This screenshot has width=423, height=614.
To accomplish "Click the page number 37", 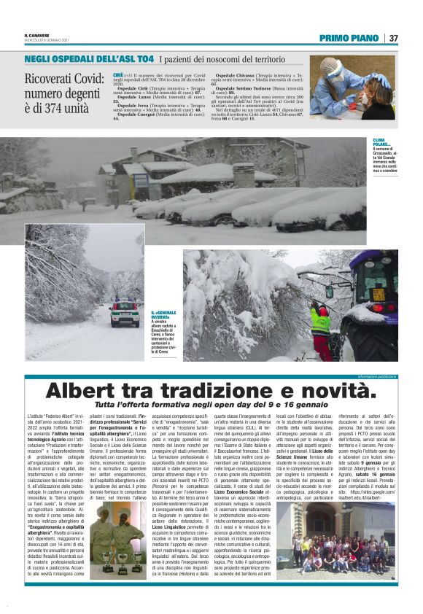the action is click(393, 38).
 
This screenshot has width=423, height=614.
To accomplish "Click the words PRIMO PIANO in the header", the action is click(349, 38).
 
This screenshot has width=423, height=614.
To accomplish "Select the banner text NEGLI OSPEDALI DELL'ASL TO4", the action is click(89, 57).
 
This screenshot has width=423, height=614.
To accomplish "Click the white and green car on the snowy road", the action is click(123, 314).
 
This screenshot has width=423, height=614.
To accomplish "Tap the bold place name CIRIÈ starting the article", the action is click(118, 74).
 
